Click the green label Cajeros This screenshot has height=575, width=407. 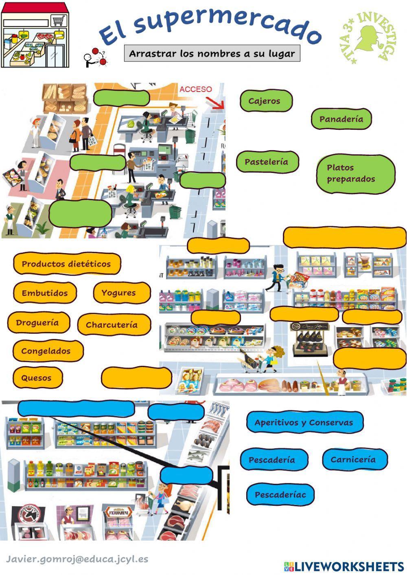265,101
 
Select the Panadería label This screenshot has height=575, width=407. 341,119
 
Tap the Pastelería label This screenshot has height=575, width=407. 267,162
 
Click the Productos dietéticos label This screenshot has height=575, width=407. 67,264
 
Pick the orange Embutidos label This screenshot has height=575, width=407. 45,293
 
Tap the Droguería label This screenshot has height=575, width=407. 38,323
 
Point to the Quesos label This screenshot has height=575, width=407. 37,378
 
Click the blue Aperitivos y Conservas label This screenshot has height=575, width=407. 304,422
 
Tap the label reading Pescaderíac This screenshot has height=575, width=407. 280,495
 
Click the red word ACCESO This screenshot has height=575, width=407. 196,89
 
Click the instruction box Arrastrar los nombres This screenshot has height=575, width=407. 212,53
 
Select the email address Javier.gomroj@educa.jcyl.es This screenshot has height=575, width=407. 77,559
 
